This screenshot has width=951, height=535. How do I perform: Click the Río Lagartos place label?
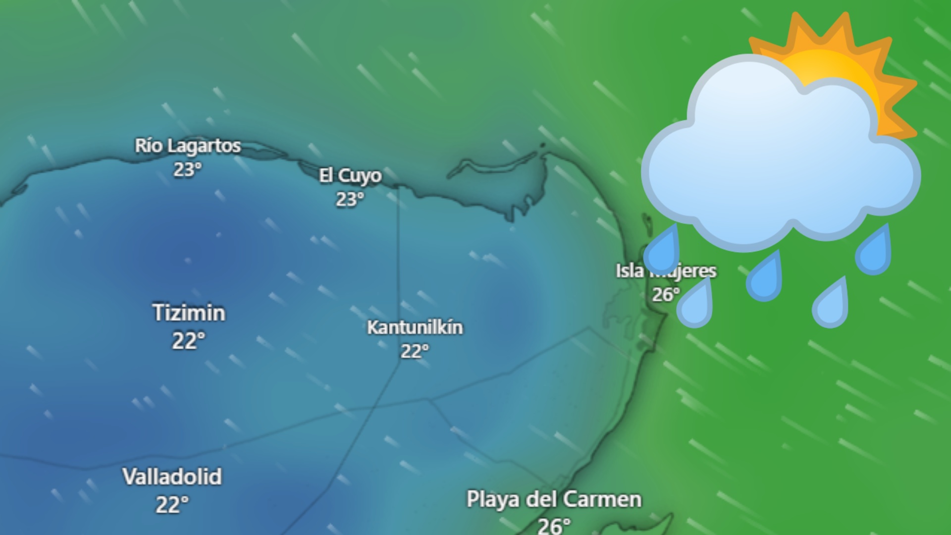click(x=188, y=146)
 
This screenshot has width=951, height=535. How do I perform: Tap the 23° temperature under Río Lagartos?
click(x=187, y=169)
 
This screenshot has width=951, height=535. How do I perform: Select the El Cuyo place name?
click(x=350, y=176)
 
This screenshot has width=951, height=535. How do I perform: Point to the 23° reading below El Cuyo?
click(x=350, y=199)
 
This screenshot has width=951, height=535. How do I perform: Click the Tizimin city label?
click(x=189, y=313)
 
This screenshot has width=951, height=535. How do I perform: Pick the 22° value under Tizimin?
click(x=188, y=341)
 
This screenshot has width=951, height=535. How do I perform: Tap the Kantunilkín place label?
click(x=415, y=327)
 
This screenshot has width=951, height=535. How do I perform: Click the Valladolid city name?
click(x=172, y=477)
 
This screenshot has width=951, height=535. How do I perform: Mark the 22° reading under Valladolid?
click(x=172, y=505)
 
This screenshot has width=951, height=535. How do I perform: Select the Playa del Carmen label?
click(x=554, y=499)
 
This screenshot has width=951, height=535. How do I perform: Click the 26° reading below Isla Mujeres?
click(x=665, y=295)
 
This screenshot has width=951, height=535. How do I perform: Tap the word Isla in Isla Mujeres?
click(x=629, y=271)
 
